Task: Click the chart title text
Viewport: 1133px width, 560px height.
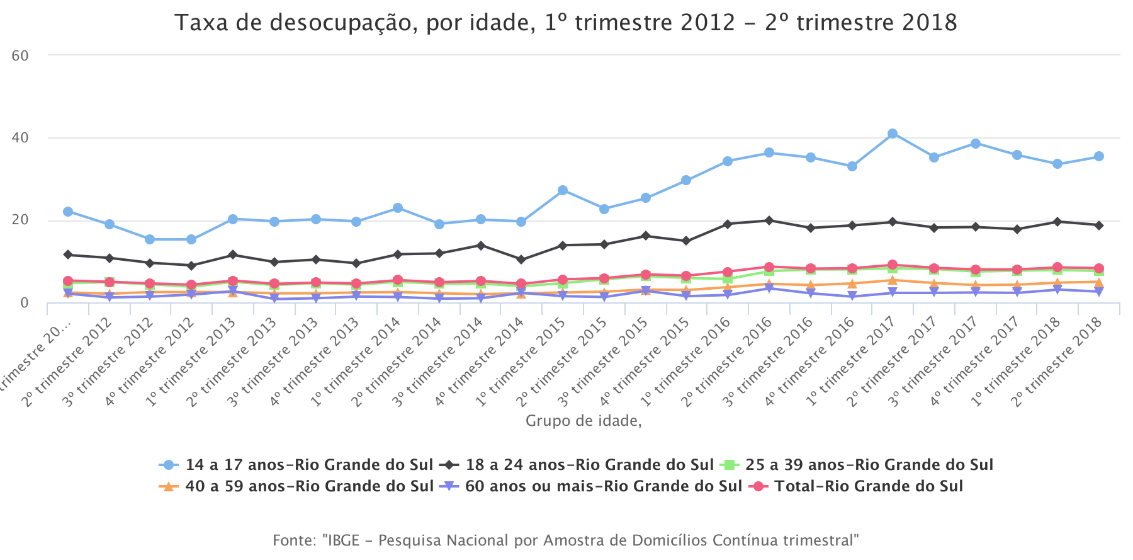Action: click(x=565, y=23)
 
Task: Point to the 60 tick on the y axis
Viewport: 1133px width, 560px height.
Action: click(x=20, y=55)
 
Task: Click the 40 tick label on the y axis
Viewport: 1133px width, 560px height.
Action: click(x=20, y=138)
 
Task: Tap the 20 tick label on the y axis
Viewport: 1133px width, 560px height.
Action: click(x=20, y=220)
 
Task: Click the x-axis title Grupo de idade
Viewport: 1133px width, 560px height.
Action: click(x=583, y=421)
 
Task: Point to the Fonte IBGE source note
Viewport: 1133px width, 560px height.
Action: click(x=565, y=540)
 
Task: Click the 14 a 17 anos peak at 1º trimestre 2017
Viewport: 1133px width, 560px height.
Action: click(x=892, y=134)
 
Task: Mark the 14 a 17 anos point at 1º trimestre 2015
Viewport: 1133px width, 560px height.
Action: click(x=562, y=190)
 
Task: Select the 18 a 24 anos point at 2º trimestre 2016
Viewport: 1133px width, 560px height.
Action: click(x=769, y=220)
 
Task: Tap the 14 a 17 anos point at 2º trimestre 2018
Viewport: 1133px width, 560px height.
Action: click(x=1098, y=156)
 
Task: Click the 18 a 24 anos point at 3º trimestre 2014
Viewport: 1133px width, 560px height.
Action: click(x=480, y=245)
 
